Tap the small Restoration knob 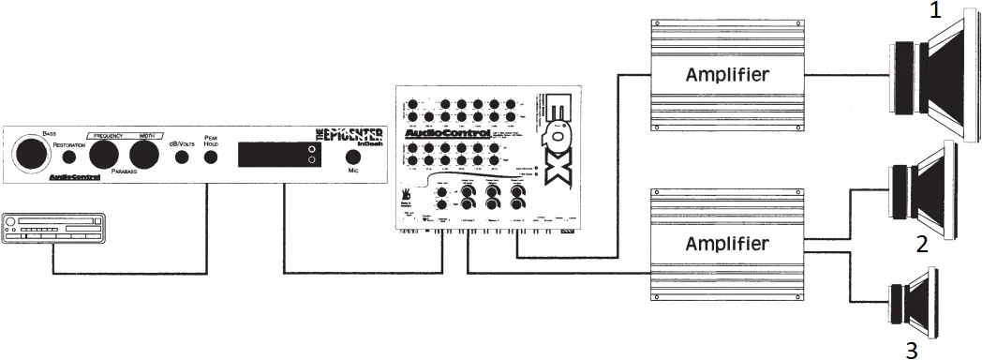[71, 157]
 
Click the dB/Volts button [182, 157]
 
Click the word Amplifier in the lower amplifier [728, 244]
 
